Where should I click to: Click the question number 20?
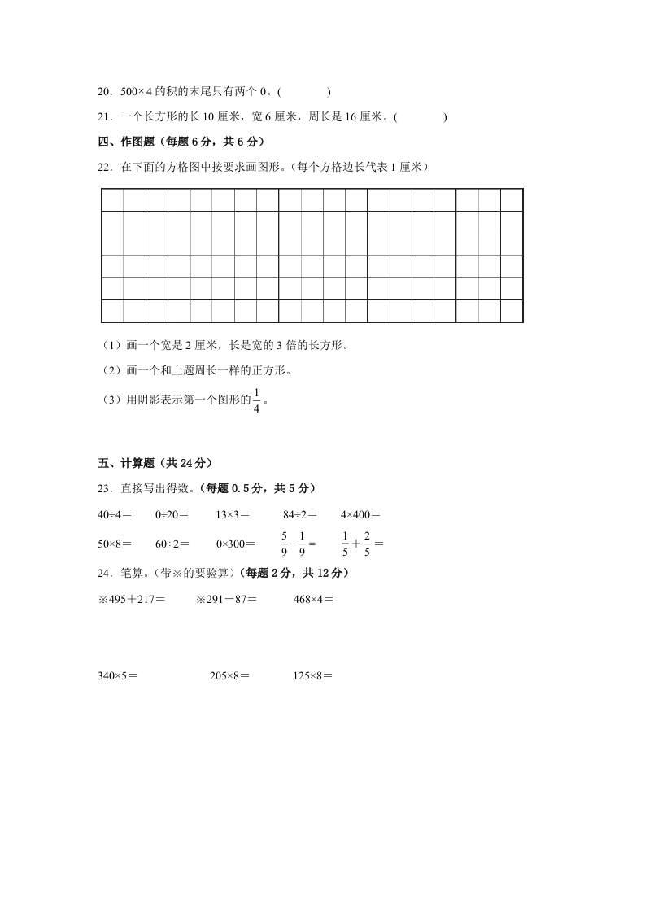tap(104, 93)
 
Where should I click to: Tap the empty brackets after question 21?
tap(421, 117)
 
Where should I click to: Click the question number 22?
tap(104, 168)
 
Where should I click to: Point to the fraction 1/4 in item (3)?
tap(257, 401)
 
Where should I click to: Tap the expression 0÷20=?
tap(172, 514)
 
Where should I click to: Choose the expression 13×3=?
tap(233, 514)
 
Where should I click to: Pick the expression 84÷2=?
tap(300, 514)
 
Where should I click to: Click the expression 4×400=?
tap(360, 514)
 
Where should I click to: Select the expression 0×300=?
tap(235, 544)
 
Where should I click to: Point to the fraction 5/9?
tap(285, 543)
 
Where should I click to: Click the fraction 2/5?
tap(368, 543)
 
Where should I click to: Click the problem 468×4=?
tap(313, 600)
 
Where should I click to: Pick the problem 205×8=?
tap(229, 675)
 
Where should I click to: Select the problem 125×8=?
tap(313, 675)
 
